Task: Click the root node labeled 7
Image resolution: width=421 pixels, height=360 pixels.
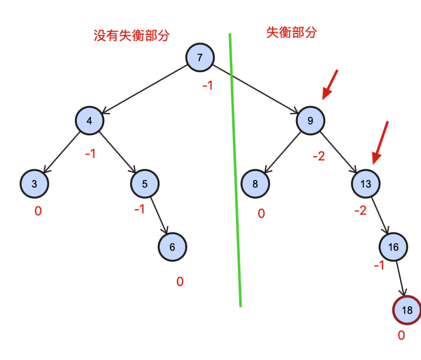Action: click(199, 58)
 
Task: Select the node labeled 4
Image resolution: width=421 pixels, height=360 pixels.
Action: click(90, 121)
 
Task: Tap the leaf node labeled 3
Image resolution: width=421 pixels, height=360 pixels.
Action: click(34, 184)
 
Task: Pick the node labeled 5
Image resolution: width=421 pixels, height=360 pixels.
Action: click(145, 184)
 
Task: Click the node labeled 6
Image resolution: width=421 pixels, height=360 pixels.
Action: click(172, 246)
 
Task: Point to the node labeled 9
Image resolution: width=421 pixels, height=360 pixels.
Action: click(311, 121)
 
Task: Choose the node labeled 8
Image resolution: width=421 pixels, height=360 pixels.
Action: click(255, 184)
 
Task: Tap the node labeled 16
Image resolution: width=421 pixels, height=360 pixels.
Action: click(393, 246)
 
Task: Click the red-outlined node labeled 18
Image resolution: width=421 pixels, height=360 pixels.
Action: click(406, 309)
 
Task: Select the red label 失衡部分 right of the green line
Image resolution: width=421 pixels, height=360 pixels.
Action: click(292, 32)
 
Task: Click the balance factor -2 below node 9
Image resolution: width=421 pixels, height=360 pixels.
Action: click(319, 155)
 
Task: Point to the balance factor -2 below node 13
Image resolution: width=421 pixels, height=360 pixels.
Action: click(360, 210)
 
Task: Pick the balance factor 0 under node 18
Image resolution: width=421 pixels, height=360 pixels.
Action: click(401, 335)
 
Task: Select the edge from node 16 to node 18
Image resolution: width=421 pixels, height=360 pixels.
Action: click(400, 278)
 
